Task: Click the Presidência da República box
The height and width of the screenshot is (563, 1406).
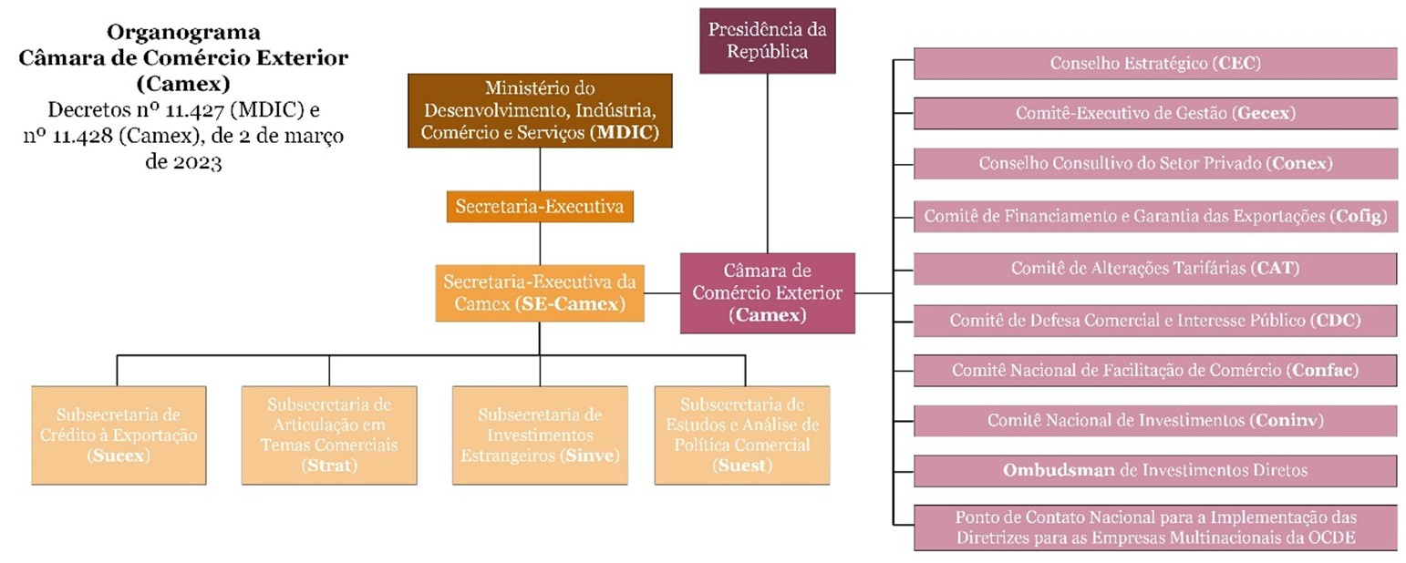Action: point(767,40)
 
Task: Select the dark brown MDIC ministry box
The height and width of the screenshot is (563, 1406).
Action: point(541,111)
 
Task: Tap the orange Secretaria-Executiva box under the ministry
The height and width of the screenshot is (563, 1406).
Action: point(540,207)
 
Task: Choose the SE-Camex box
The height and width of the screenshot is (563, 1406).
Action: point(539,292)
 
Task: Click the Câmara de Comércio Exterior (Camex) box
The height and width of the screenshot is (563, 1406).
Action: point(768,292)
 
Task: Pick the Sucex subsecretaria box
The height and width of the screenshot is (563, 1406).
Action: point(117,435)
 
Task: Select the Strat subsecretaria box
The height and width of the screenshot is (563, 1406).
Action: point(328,435)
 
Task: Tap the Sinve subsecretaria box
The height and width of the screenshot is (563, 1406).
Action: point(540,435)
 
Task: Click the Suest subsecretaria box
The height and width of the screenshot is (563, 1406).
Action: point(744,435)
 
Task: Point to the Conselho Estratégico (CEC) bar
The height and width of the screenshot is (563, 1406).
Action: point(1155,64)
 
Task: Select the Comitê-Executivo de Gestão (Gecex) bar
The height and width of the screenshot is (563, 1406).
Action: point(1155,114)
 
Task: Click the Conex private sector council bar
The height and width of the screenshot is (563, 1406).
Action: point(1155,164)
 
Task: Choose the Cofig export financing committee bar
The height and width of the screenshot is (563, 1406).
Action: point(1155,217)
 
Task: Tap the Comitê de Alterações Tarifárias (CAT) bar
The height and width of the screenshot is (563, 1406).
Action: point(1155,269)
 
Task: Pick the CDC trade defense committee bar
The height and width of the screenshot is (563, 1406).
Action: point(1155,321)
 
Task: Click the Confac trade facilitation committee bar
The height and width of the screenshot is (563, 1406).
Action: point(1155,371)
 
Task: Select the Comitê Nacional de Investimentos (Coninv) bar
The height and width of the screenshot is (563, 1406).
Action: point(1155,420)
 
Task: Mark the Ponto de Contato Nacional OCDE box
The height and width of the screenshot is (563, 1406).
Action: point(1155,527)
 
